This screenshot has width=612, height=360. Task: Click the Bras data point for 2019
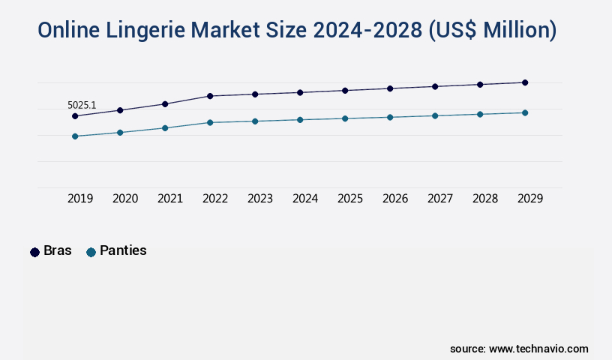point(75,116)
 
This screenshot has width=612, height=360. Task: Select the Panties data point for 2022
point(210,122)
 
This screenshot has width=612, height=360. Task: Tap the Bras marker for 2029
point(525,82)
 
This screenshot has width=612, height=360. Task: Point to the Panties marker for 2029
point(525,112)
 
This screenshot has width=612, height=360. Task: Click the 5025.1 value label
point(82,105)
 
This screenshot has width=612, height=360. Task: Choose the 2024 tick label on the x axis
point(305,199)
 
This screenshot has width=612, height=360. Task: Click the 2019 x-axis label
point(80,199)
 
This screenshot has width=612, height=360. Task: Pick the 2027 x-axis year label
point(440,199)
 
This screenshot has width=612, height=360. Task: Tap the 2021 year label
point(170,199)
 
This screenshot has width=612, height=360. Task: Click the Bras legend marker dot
point(34,252)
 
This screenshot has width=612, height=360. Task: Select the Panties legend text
point(123,251)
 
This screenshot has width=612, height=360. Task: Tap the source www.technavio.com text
point(519,349)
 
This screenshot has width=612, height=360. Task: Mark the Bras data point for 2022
point(210,96)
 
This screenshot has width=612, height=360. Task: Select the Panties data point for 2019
point(75,136)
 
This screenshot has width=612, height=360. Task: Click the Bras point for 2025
point(345,91)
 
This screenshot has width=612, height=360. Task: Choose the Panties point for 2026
point(390,117)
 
